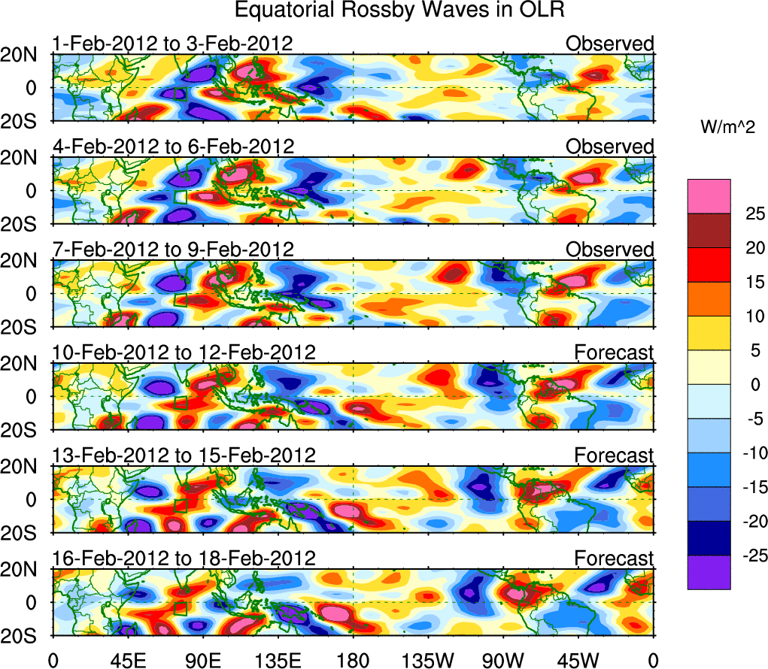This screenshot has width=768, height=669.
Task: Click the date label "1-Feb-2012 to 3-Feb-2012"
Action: (x=172, y=44)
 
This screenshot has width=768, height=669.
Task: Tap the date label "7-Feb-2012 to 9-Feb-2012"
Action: (x=172, y=250)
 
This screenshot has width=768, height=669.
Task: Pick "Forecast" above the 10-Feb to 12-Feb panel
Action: (x=615, y=353)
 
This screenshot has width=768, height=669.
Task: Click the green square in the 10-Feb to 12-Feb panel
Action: (x=180, y=403)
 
